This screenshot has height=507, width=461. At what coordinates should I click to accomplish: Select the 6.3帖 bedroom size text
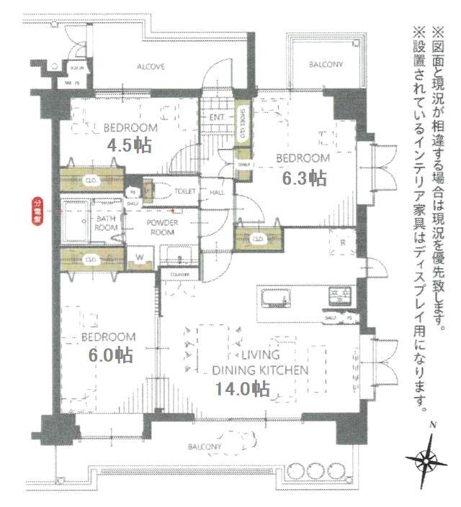click(304, 178)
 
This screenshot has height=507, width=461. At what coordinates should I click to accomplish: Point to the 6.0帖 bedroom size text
click(110, 355)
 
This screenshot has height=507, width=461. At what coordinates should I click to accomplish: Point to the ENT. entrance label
click(217, 117)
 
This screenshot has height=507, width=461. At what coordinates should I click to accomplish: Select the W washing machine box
click(140, 257)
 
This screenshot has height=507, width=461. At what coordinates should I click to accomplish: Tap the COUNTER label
click(179, 274)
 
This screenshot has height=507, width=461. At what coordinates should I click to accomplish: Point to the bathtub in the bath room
click(75, 222)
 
